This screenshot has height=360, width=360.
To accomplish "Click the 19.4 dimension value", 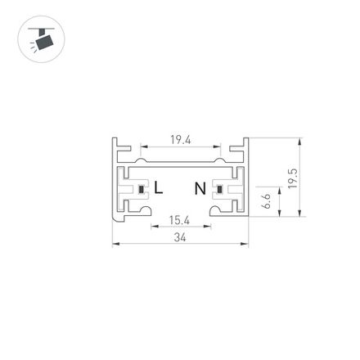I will tap(180, 139).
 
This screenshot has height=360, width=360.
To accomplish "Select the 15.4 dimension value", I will tap(179, 219).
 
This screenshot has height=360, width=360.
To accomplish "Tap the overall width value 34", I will tap(180, 237).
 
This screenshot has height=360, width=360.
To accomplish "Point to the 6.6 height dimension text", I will tap(267, 201).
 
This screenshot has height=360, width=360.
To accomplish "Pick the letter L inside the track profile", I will tap(159, 188).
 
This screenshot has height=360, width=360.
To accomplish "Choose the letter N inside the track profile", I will tap(200, 189).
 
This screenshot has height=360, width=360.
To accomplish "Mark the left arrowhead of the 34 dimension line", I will tap(115, 243).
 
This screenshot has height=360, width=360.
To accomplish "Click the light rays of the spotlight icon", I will tap(33, 47).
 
